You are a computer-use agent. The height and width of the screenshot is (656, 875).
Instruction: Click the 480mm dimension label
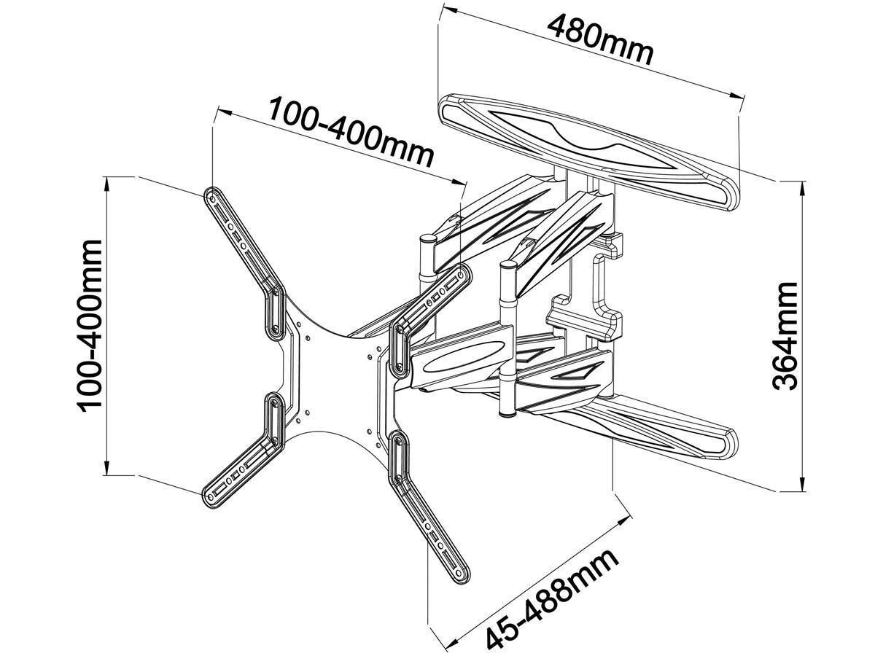tap(599, 39)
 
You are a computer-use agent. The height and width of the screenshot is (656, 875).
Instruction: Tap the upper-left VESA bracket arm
tap(241, 233)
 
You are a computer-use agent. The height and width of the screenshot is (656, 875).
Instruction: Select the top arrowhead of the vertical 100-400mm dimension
tap(108, 182)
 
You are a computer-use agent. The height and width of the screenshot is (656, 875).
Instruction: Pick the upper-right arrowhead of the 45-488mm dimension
tap(626, 519)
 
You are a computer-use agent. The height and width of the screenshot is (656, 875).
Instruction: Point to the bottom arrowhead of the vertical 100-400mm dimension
tap(108, 470)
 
